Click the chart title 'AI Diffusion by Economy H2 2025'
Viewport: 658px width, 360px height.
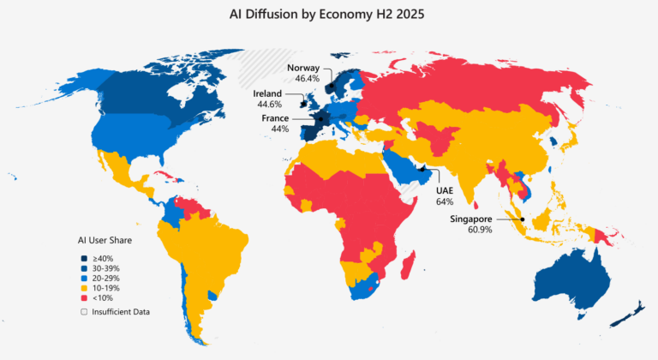pyautogui.click(x=329, y=15)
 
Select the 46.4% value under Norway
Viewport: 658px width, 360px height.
pyautogui.click(x=307, y=78)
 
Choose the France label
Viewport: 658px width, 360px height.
pyautogui.click(x=275, y=117)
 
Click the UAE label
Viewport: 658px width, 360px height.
pyautogui.click(x=445, y=190)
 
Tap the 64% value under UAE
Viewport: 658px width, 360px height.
pyautogui.click(x=445, y=201)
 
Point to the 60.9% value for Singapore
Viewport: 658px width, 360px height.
pyautogui.click(x=479, y=230)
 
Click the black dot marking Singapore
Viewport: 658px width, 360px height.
pyautogui.click(x=522, y=219)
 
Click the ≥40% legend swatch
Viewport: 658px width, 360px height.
pyautogui.click(x=84, y=258)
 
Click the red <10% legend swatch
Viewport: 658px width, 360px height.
pyautogui.click(x=84, y=297)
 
